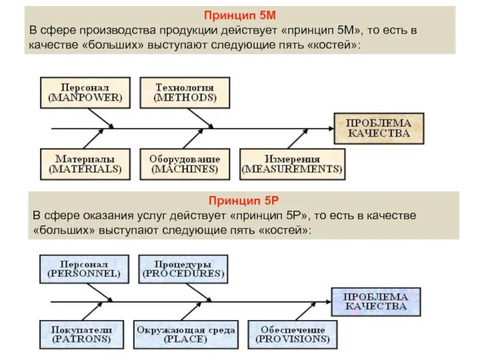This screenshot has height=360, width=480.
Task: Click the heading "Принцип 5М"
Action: tap(240, 16)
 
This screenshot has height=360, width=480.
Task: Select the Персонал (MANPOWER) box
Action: tap(85, 92)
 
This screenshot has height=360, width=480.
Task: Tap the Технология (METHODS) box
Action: tap(184, 92)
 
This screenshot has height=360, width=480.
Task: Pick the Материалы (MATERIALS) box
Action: tap(85, 164)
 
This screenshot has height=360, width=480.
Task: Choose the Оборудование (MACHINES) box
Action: tap(184, 164)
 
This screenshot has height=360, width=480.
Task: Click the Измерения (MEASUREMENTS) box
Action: tap(292, 164)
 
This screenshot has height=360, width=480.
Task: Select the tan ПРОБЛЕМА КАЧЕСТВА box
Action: tap(379, 128)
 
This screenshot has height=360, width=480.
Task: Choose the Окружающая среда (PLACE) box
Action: tap(186, 335)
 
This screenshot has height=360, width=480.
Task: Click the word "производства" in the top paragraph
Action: tap(124, 30)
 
